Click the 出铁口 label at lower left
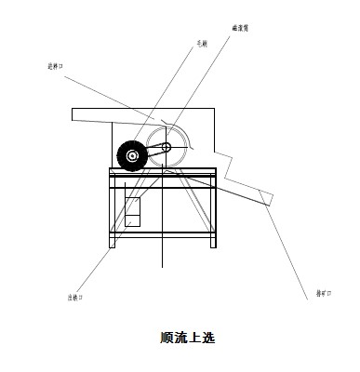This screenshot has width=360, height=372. pos(75,299)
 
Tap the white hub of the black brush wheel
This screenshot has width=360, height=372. pos(132,156)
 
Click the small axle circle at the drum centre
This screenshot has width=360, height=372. pos(167,148)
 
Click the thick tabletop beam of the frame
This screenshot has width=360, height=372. pos(164,172)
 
